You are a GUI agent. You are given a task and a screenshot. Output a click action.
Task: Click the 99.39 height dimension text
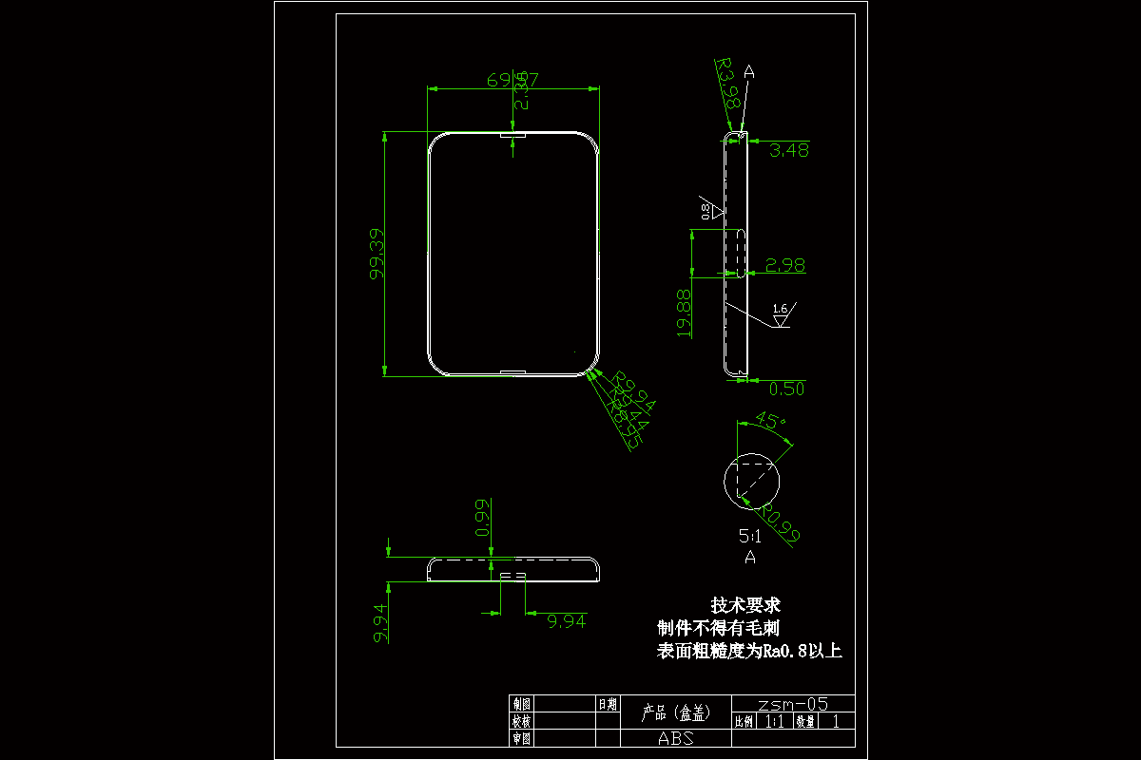tap(377, 254)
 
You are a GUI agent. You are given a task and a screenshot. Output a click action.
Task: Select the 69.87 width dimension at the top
tap(513, 81)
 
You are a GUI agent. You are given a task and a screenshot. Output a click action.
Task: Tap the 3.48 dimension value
tap(789, 150)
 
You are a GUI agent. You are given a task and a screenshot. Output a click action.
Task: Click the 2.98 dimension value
tap(785, 266)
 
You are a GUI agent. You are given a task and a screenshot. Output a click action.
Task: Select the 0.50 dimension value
tap(786, 389)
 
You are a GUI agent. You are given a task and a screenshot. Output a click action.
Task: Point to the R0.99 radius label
tap(781, 522)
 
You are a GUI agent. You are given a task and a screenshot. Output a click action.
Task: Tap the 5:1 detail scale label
tap(749, 536)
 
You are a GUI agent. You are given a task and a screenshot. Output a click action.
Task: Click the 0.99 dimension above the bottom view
tap(483, 518)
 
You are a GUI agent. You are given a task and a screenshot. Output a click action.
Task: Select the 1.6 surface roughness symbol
tap(781, 313)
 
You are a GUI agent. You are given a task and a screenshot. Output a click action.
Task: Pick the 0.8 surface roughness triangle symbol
tap(711, 211)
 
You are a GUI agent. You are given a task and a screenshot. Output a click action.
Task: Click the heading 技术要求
tap(745, 605)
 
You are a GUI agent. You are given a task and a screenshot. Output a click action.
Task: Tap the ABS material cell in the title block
tap(675, 738)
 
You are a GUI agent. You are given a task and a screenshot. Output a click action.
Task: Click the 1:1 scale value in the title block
tap(775, 721)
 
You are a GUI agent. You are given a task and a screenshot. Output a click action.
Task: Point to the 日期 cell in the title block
tap(608, 704)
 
